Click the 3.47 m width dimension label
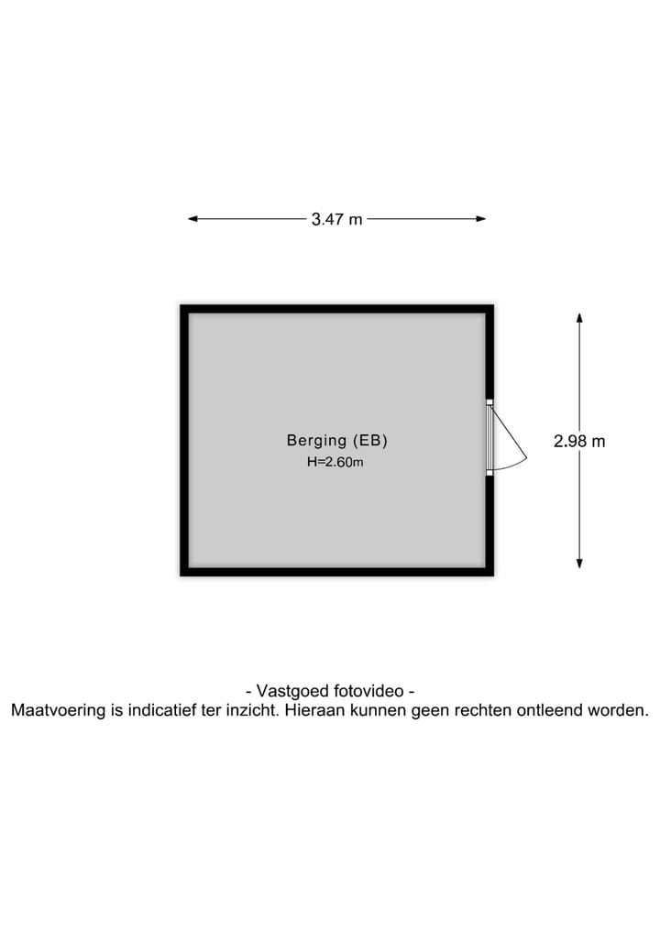click(x=336, y=219)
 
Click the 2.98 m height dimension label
click(x=579, y=441)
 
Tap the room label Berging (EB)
click(x=337, y=440)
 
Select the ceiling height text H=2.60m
click(x=335, y=463)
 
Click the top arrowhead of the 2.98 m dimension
click(x=579, y=317)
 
